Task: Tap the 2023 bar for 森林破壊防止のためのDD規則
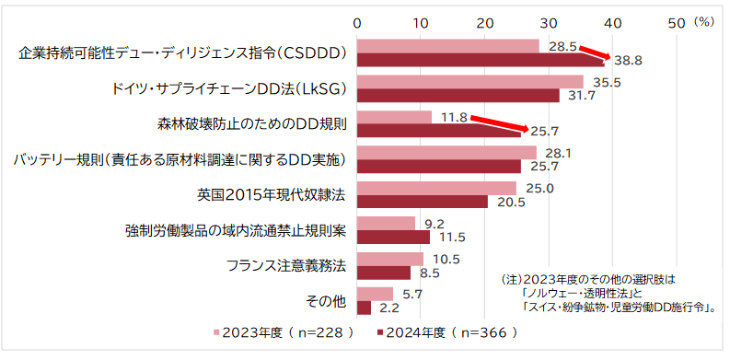394,117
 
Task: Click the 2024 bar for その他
364,308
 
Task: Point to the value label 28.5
562,46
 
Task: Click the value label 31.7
582,96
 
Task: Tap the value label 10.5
446,259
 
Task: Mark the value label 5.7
413,294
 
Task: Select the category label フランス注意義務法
286,266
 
